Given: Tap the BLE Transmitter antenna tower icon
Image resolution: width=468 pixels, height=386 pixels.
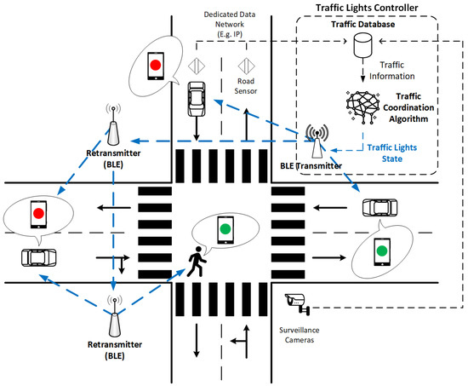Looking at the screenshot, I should [315, 141].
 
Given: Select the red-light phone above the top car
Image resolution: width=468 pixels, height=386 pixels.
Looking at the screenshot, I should [155, 64].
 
